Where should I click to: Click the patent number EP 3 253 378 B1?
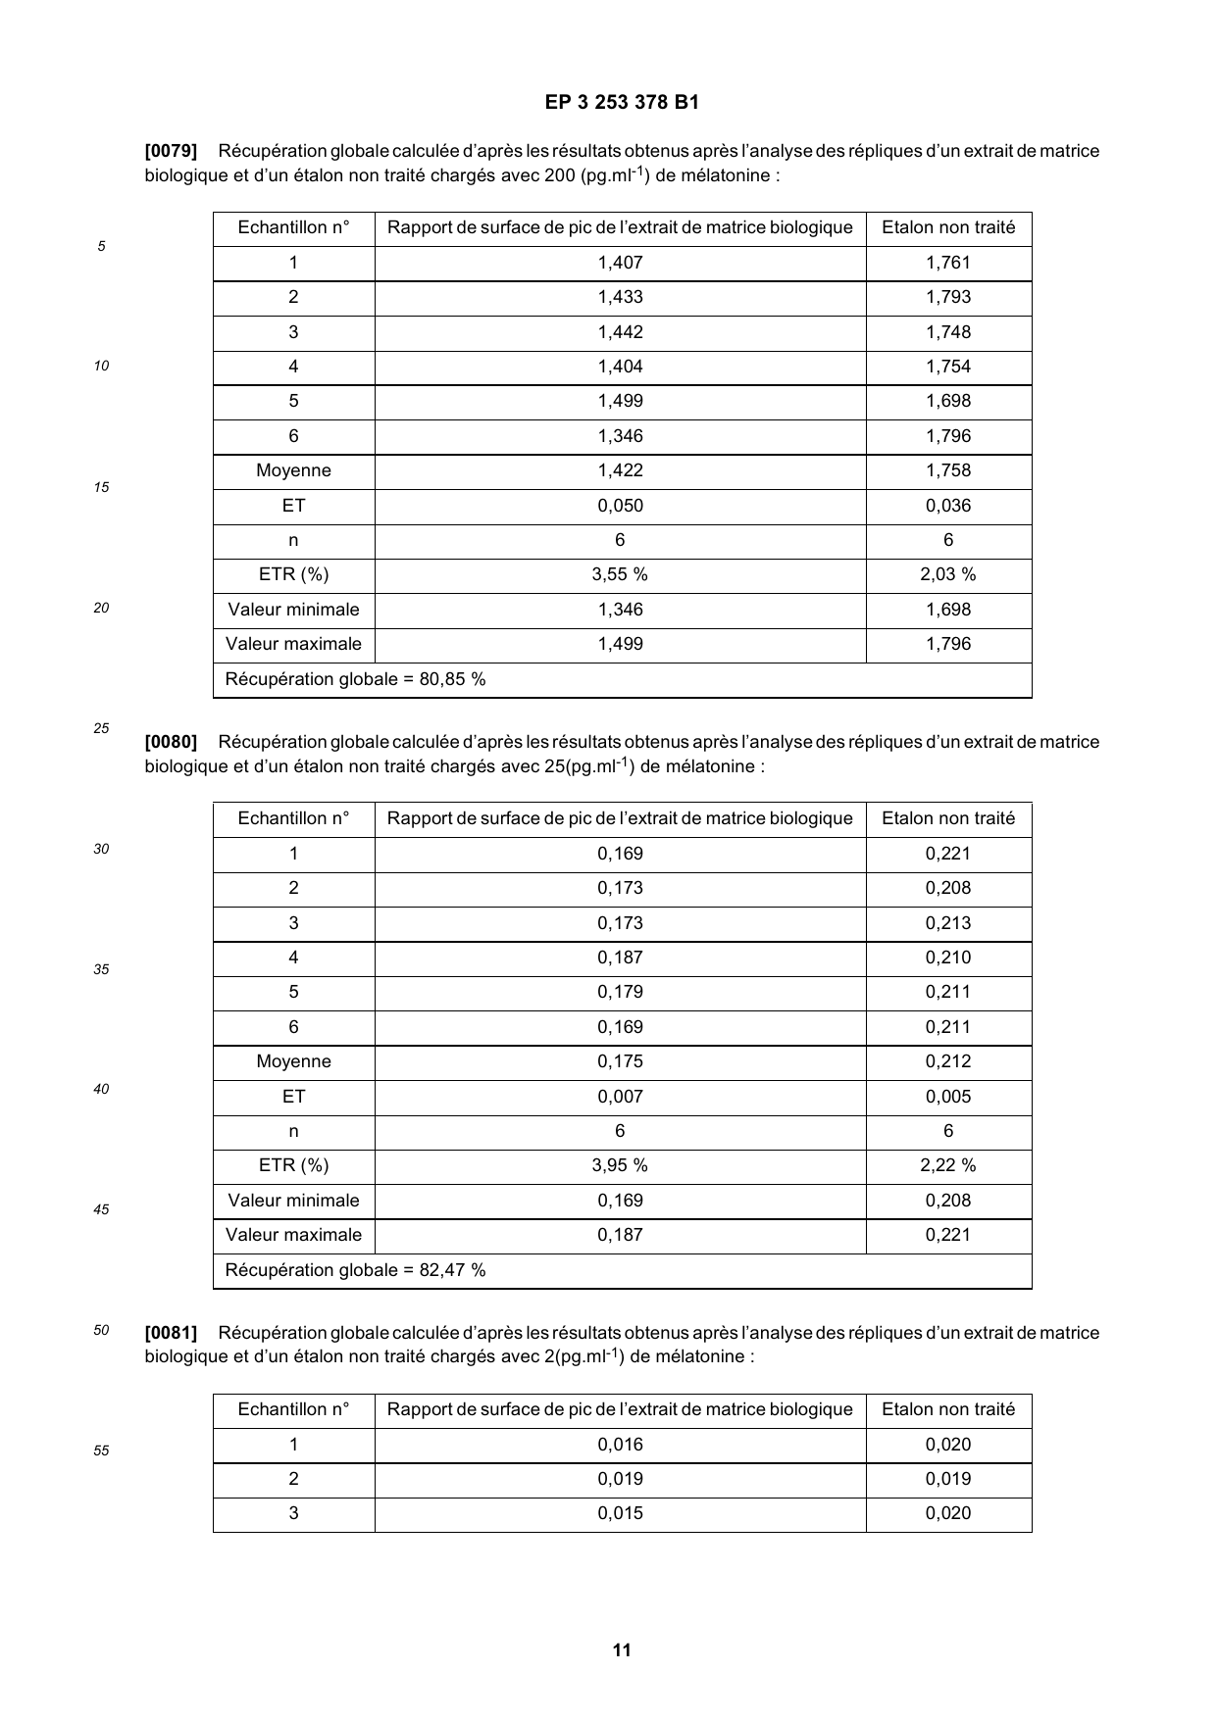[622, 102]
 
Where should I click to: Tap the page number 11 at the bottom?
[622, 1649]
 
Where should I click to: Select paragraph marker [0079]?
[171, 151]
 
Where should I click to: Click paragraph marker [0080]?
[171, 742]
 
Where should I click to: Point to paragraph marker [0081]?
[171, 1333]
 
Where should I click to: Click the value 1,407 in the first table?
[620, 263]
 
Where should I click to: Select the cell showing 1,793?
[948, 297]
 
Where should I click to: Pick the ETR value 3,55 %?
[620, 574]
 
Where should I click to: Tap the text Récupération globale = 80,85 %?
[355, 679]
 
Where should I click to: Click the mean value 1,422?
[620, 470]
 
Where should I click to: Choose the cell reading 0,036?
[948, 506]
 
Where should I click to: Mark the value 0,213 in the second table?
[948, 923]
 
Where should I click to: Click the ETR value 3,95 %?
[620, 1165]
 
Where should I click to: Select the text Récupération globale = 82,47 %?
[355, 1270]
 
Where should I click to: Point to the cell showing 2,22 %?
[948, 1165]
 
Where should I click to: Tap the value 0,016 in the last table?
[620, 1445]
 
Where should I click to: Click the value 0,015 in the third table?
[620, 1513]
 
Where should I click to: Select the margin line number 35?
[101, 969]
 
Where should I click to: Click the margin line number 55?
[101, 1450]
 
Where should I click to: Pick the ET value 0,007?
[620, 1097]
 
